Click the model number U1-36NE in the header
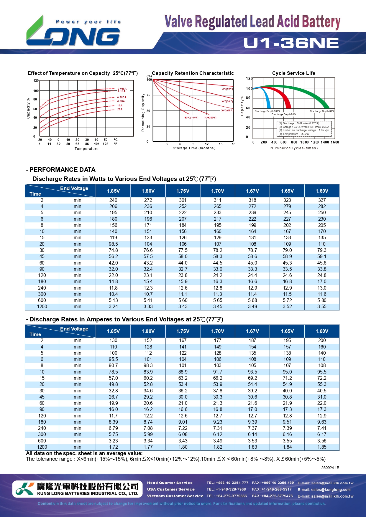pos(291,43)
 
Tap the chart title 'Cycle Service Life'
pos(293,73)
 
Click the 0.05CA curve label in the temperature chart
pos(122,88)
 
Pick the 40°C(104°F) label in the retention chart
pos(191,118)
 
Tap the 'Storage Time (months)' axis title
pos(194,148)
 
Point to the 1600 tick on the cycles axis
pos(335,142)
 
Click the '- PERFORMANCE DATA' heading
pos(61,170)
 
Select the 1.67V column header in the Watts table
pos(252,191)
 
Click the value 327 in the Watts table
pos(322,200)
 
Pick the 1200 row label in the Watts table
pos(42,306)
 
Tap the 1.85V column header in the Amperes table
pos(113,331)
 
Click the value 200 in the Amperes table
pos(322,340)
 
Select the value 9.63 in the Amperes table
pos(322,422)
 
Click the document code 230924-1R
pos(330,468)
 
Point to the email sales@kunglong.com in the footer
pos(324,490)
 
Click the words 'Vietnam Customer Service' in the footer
pos(175,496)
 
